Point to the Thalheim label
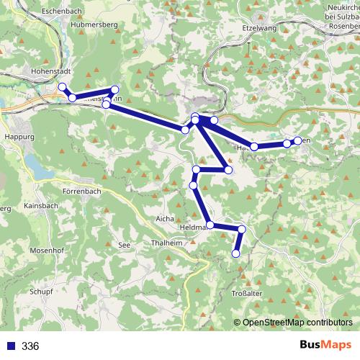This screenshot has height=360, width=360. [167, 243]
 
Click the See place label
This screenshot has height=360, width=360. [124, 245]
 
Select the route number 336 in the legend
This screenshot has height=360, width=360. [30, 346]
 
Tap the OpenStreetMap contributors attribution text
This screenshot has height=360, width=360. [297, 322]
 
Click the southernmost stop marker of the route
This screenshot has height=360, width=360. [235, 253]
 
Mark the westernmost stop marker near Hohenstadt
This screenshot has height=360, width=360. [62, 87]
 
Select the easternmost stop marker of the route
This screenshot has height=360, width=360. [297, 140]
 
